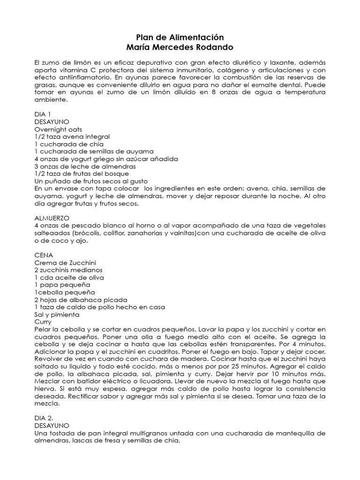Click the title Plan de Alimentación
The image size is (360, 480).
180,37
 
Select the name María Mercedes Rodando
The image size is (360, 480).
180,47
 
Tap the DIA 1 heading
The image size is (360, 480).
43,114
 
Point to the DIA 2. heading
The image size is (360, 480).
45,418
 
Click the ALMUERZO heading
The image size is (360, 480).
52,218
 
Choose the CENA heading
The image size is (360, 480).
44,255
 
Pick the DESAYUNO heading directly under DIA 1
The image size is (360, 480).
52,122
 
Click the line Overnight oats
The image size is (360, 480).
59,129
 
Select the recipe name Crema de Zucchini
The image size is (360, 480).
65,262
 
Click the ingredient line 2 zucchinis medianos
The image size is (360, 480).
68,270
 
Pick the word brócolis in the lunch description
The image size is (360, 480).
83,233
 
